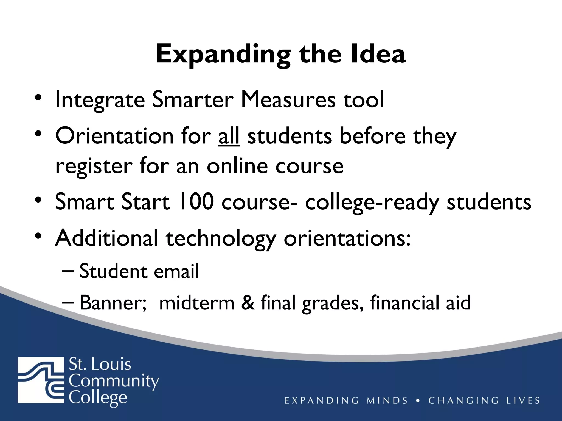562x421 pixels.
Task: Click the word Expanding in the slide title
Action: [x=223, y=55]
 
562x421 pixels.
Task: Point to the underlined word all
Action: [x=229, y=136]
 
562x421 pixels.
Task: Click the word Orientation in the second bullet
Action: [x=114, y=136]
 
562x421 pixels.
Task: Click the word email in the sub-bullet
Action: [x=176, y=271]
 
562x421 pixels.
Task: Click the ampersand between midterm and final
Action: [x=248, y=303]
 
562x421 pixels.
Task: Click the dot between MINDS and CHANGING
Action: [x=418, y=401]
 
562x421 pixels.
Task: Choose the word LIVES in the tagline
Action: [x=523, y=401]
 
